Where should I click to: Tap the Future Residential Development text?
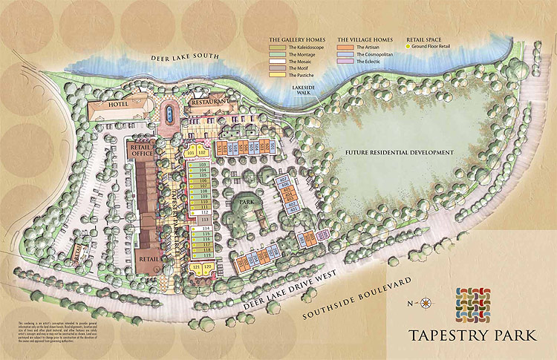click(x=399, y=152)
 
